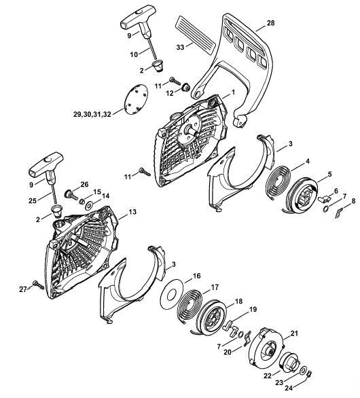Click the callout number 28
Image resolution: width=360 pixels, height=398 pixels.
coord(271,23)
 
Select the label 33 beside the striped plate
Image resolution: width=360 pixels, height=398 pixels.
coord(180,48)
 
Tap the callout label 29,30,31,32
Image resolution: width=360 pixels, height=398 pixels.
coord(92,115)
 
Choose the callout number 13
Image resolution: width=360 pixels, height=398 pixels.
coord(132,212)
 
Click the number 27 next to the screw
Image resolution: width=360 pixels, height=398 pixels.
coord(23,289)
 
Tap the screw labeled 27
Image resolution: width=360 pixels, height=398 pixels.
coord(39,285)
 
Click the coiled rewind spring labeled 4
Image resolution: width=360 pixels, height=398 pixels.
coord(278,183)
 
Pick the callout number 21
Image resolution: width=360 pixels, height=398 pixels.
coord(294,333)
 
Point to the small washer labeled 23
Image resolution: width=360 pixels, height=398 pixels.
coord(303,370)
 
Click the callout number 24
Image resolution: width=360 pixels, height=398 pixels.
coord(289,388)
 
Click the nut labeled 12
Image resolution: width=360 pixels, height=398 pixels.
coord(186,88)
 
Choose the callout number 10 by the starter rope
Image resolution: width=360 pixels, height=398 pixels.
coord(134,54)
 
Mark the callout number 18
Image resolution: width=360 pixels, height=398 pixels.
coord(238,302)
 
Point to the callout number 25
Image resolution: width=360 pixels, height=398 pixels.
coord(33,200)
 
